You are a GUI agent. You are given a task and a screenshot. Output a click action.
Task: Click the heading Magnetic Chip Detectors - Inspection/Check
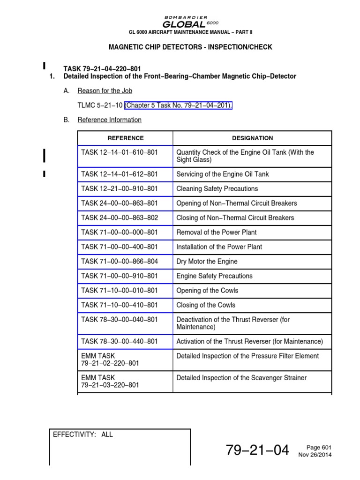pos(190,47)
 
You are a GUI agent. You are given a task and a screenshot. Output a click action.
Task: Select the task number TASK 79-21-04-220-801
pos(102,68)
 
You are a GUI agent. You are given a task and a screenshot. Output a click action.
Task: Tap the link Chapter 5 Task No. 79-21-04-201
pos(178,105)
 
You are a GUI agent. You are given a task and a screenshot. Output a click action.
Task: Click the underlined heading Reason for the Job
pos(105,91)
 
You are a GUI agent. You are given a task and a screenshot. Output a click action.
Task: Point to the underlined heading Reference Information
pos(109,120)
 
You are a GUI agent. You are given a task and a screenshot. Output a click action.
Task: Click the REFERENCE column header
pos(126,138)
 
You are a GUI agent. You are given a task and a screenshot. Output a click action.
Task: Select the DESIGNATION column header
pos(252,138)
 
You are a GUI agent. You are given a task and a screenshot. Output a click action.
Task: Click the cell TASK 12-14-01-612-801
pos(120,174)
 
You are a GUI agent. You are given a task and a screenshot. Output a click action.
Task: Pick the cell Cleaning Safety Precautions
pos(217,189)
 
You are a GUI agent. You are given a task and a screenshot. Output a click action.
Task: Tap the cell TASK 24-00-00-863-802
pos(120,218)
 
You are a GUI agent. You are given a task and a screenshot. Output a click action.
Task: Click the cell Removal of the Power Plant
pos(216,232)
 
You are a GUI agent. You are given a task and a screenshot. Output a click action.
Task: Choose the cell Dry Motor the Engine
pos(207,262)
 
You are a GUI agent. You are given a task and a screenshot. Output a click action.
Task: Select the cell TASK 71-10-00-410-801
pos(120,305)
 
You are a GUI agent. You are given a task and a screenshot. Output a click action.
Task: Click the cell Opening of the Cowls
pos(207,291)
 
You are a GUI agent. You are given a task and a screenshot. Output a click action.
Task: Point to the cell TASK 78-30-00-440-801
pos(120,342)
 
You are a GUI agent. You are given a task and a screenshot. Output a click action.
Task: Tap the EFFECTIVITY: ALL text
pos(83,435)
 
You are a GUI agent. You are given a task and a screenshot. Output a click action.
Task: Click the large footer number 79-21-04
pos(257,450)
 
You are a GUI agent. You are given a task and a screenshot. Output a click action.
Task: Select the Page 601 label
pos(320,448)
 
